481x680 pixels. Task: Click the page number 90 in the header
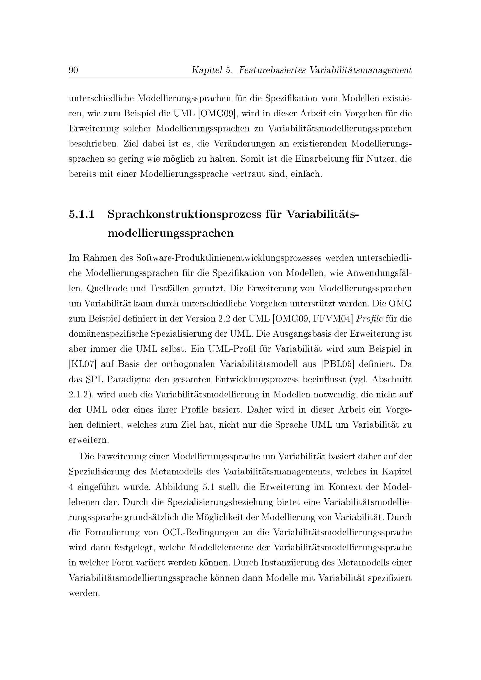(x=73, y=70)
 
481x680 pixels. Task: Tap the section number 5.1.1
(x=81, y=214)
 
